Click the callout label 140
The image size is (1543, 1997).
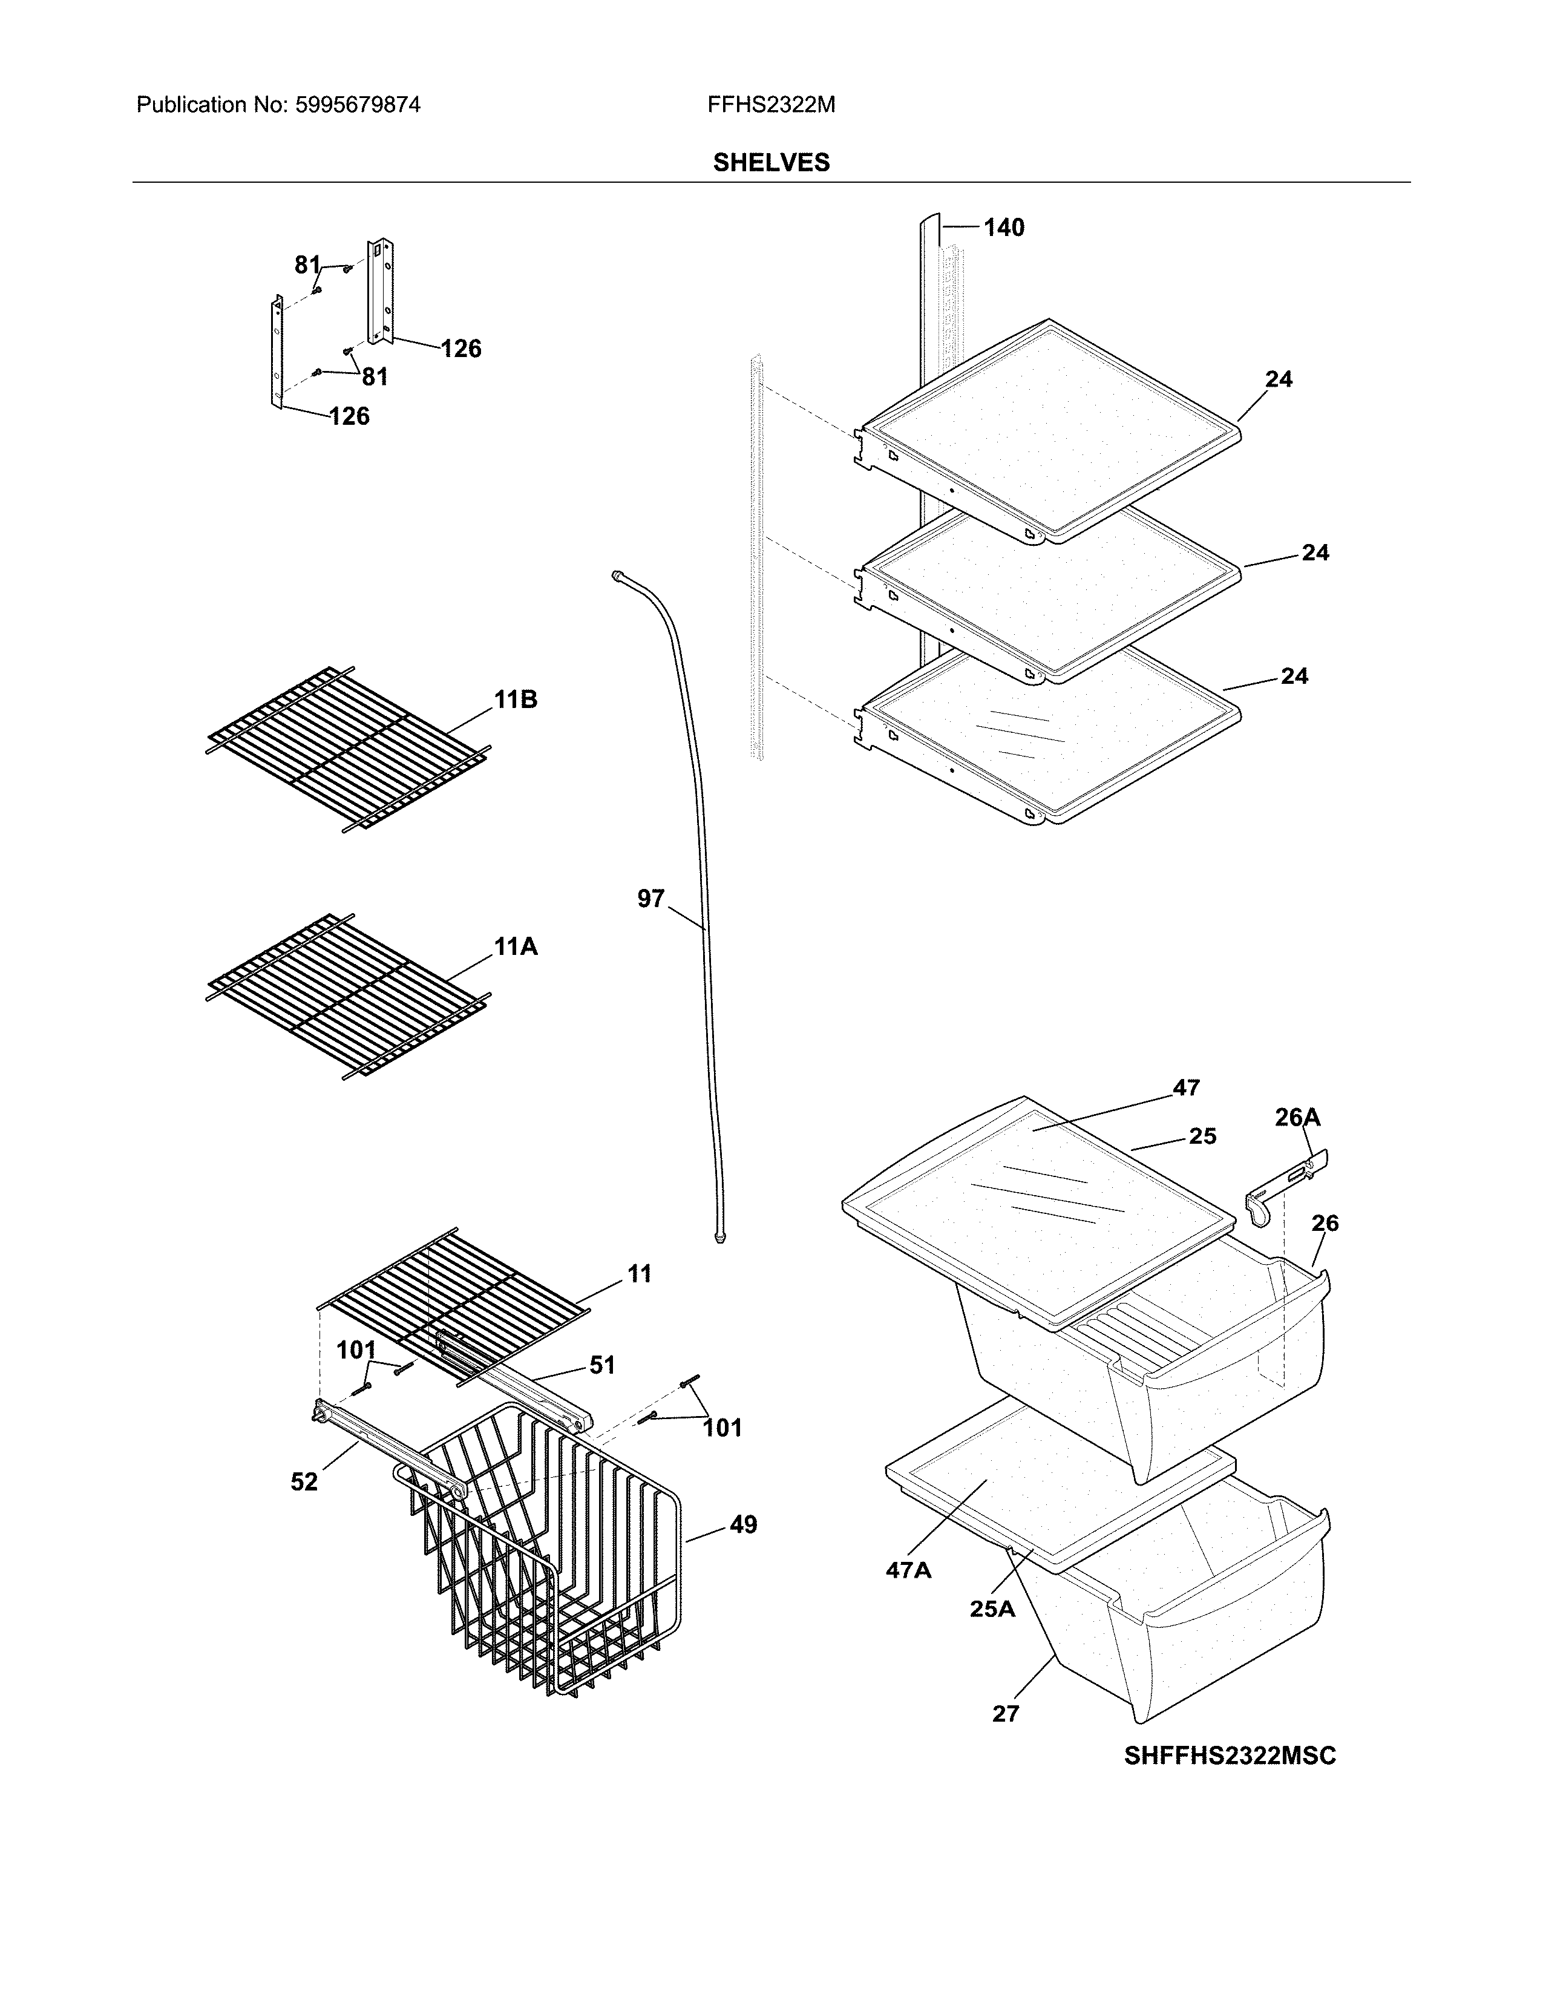pyautogui.click(x=1004, y=228)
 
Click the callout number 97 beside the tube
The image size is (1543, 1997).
pyautogui.click(x=651, y=899)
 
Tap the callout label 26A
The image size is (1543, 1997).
pyautogui.click(x=1297, y=1117)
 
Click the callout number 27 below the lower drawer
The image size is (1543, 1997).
pyautogui.click(x=1006, y=1714)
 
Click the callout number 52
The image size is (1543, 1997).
pyautogui.click(x=304, y=1481)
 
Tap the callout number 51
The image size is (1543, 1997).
pyautogui.click(x=601, y=1365)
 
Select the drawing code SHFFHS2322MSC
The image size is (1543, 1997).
pyautogui.click(x=1230, y=1756)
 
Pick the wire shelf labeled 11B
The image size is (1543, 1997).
pyautogui.click(x=347, y=750)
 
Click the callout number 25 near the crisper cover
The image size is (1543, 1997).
pyautogui.click(x=1202, y=1136)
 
